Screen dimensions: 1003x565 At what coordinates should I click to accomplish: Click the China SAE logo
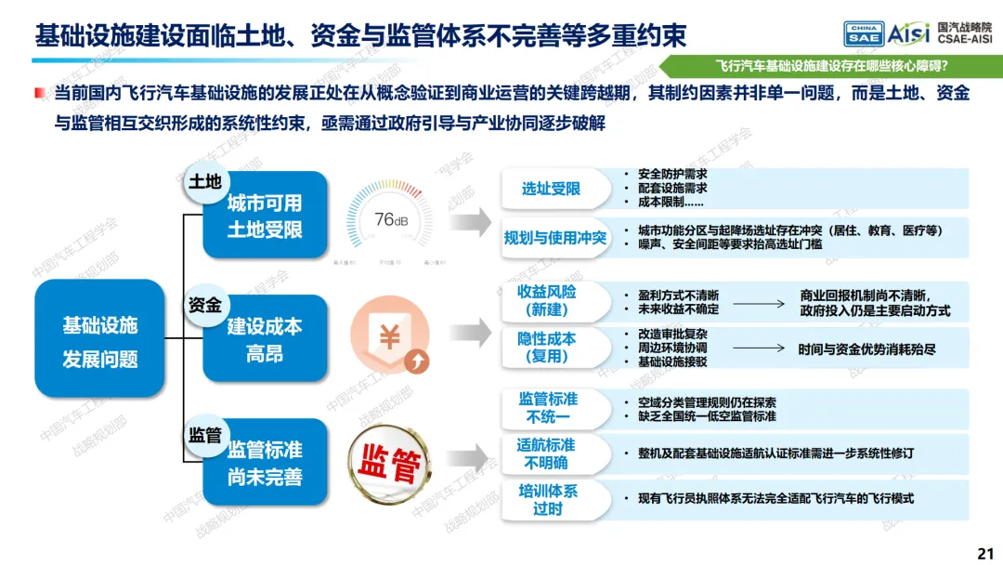(x=863, y=34)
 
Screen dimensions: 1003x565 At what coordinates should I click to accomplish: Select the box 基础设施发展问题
(x=99, y=341)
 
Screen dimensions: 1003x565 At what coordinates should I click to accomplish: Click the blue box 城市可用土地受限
(x=265, y=216)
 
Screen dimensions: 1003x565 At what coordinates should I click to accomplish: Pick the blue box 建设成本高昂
(x=265, y=339)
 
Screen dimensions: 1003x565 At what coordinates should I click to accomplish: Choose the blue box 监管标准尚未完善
(x=265, y=463)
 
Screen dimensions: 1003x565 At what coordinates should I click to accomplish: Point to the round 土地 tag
(x=205, y=182)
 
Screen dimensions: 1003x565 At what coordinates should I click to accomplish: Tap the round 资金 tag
(x=205, y=305)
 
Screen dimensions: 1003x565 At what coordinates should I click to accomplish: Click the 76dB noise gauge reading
(x=391, y=220)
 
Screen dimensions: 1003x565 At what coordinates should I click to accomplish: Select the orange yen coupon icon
(x=391, y=339)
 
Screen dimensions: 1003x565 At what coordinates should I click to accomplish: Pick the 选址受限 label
(x=551, y=189)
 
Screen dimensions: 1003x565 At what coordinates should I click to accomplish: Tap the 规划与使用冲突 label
(x=555, y=238)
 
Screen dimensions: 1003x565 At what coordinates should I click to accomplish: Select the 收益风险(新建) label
(x=547, y=300)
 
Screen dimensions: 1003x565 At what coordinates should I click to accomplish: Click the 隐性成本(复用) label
(x=547, y=347)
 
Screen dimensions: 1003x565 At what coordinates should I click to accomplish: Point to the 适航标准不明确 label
(x=545, y=453)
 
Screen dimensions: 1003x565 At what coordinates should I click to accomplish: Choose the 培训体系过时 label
(x=547, y=499)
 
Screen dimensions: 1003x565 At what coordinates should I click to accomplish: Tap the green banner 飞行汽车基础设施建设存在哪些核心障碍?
(x=837, y=66)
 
